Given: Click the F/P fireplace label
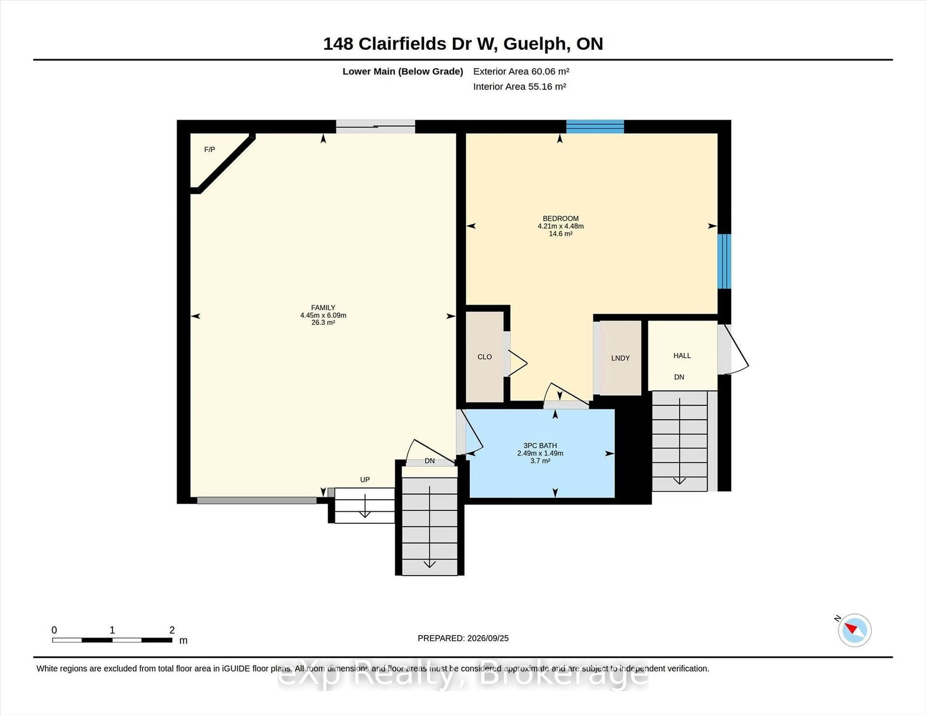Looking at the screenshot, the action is click(210, 150).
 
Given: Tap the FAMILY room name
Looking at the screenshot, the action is click(323, 308).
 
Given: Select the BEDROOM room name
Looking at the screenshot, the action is click(560, 218).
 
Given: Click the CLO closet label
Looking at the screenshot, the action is click(485, 357).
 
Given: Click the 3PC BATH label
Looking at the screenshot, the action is click(540, 446).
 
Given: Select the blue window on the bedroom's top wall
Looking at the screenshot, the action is click(595, 127).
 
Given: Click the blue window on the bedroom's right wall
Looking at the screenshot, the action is click(724, 261).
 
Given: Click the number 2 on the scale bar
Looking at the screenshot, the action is click(172, 630).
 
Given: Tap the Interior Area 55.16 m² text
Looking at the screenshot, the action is click(519, 86).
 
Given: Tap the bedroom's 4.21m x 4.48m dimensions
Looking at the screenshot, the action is click(560, 226).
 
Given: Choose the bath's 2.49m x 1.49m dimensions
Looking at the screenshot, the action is click(540, 453).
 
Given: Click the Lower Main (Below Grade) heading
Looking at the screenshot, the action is click(403, 72).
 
